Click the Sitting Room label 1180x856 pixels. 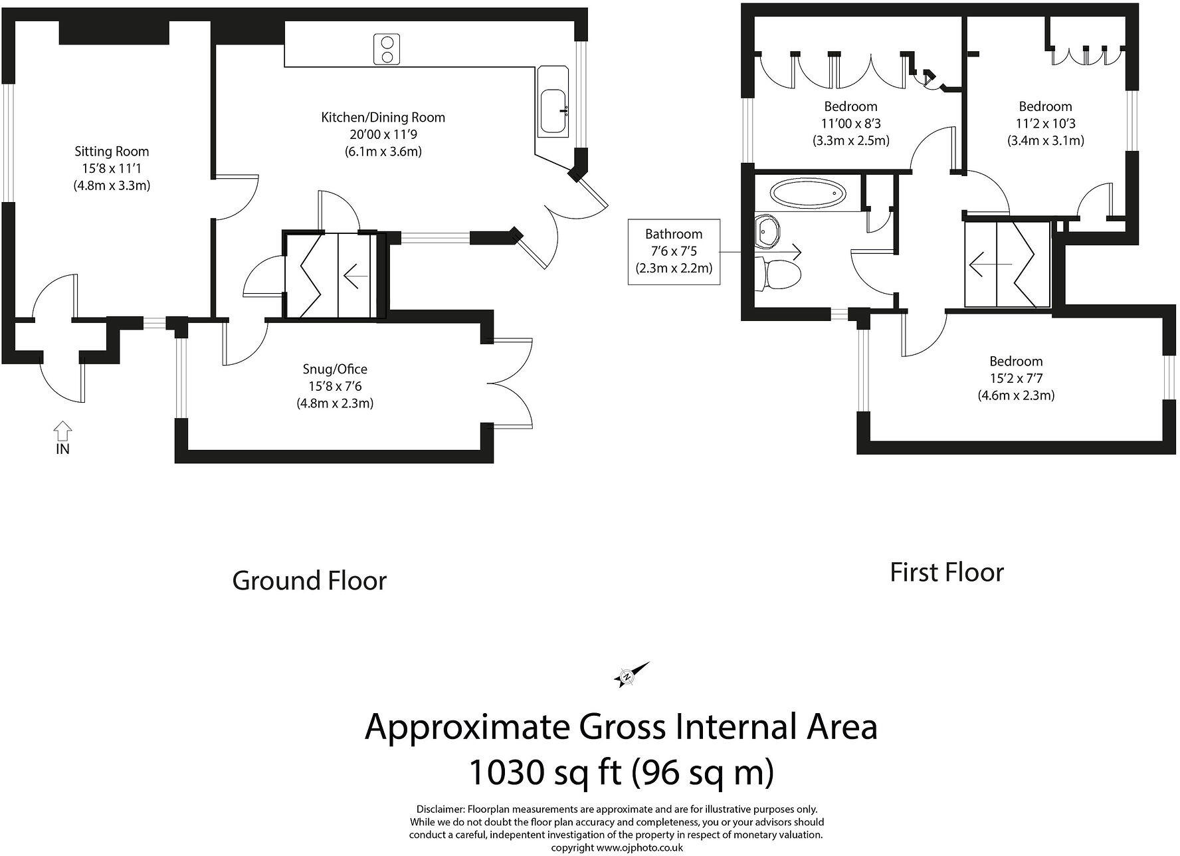112,152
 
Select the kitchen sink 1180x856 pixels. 553,110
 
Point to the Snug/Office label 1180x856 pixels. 335,369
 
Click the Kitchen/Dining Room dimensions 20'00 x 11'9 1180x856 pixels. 383,134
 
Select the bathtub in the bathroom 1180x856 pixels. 808,194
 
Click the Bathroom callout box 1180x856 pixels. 674,251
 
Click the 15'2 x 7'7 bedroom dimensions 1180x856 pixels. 1016,378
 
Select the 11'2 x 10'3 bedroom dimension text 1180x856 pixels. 1045,124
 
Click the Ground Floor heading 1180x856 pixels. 309,581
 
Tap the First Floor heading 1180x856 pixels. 946,572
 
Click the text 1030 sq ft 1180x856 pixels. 545,773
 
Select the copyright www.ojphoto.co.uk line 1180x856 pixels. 616,848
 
